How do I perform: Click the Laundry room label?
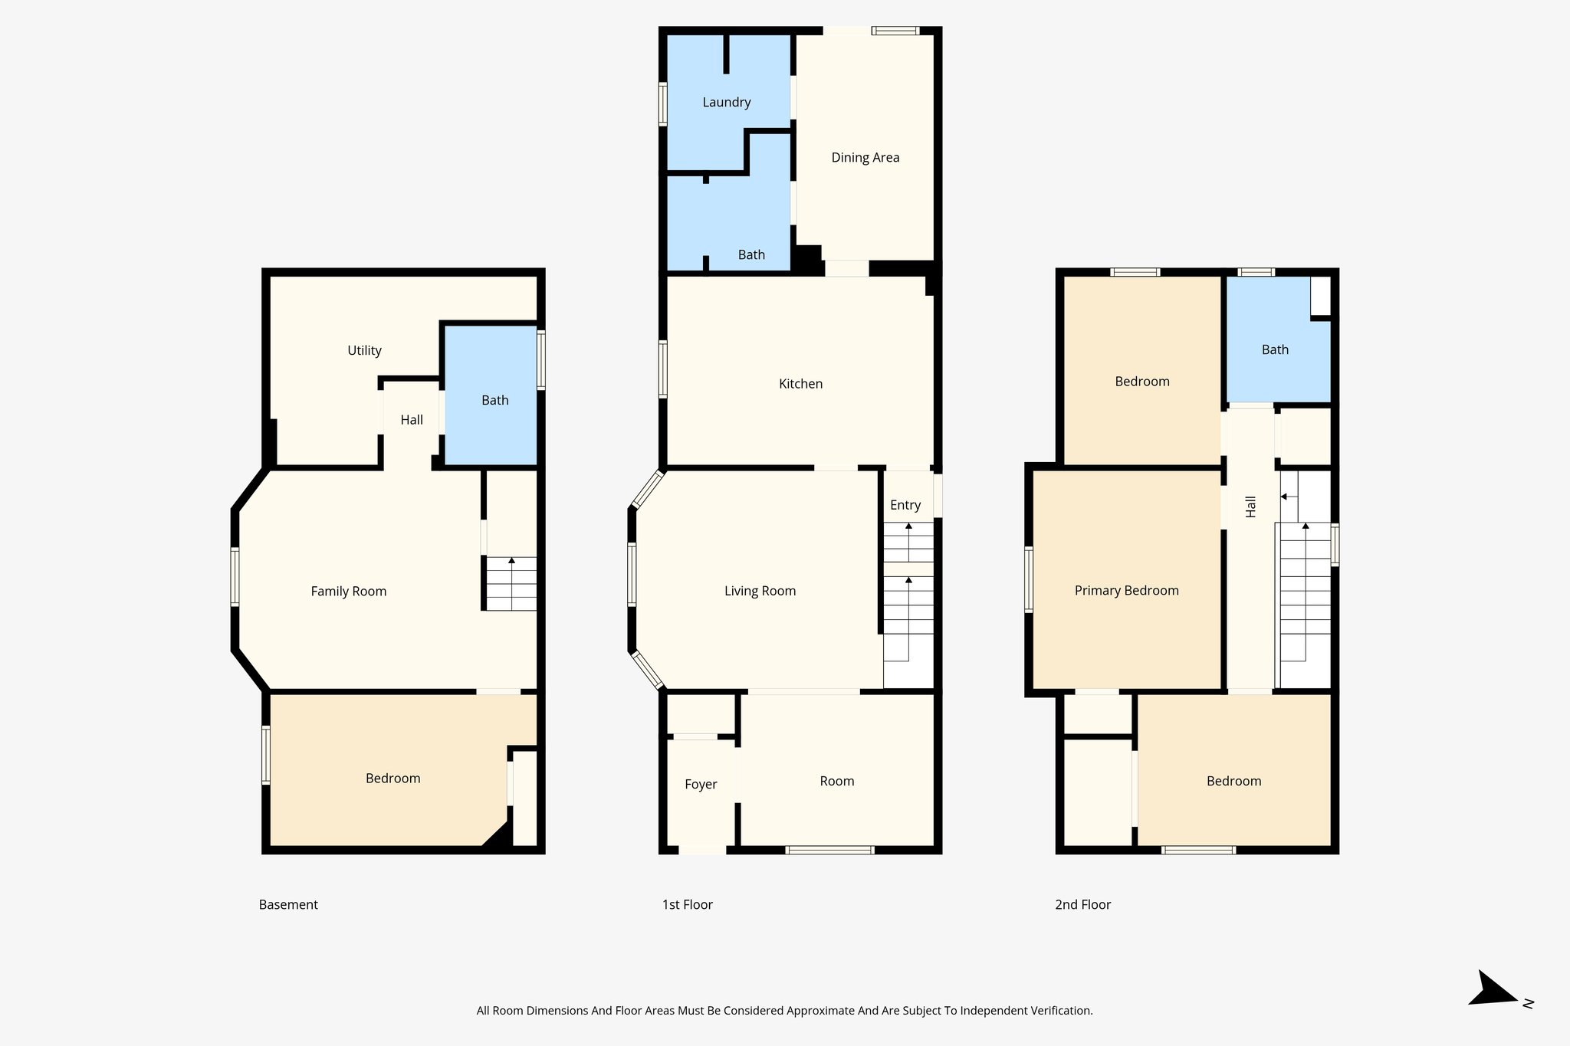pyautogui.click(x=726, y=103)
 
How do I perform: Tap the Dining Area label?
pyautogui.click(x=865, y=158)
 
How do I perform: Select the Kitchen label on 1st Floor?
pyautogui.click(x=800, y=384)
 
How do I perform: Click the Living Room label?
pyautogui.click(x=760, y=591)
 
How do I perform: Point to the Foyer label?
pyautogui.click(x=701, y=784)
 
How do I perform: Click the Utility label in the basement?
pyautogui.click(x=364, y=351)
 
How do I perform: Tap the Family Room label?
pyautogui.click(x=348, y=591)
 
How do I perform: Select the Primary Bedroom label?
pyautogui.click(x=1126, y=590)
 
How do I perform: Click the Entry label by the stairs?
pyautogui.click(x=905, y=505)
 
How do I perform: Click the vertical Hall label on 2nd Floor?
pyautogui.click(x=1251, y=507)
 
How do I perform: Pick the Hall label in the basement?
pyautogui.click(x=412, y=420)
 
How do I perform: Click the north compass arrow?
pyautogui.click(x=1491, y=991)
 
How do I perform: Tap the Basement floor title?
pyautogui.click(x=288, y=904)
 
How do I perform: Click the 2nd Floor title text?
pyautogui.click(x=1082, y=904)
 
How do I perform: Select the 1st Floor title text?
pyautogui.click(x=687, y=904)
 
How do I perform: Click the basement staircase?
pyautogui.click(x=511, y=584)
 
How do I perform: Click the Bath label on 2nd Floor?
pyautogui.click(x=1275, y=350)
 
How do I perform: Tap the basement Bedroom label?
pyautogui.click(x=392, y=779)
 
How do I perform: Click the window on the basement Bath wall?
pyautogui.click(x=541, y=359)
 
